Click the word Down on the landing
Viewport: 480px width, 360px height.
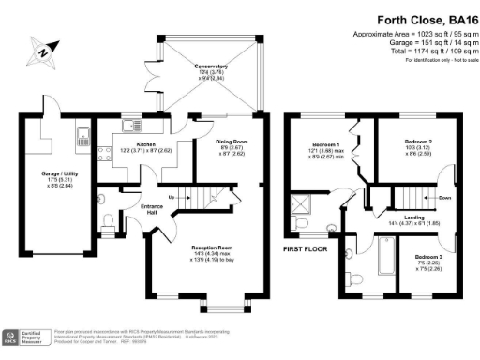tap(444, 198)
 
